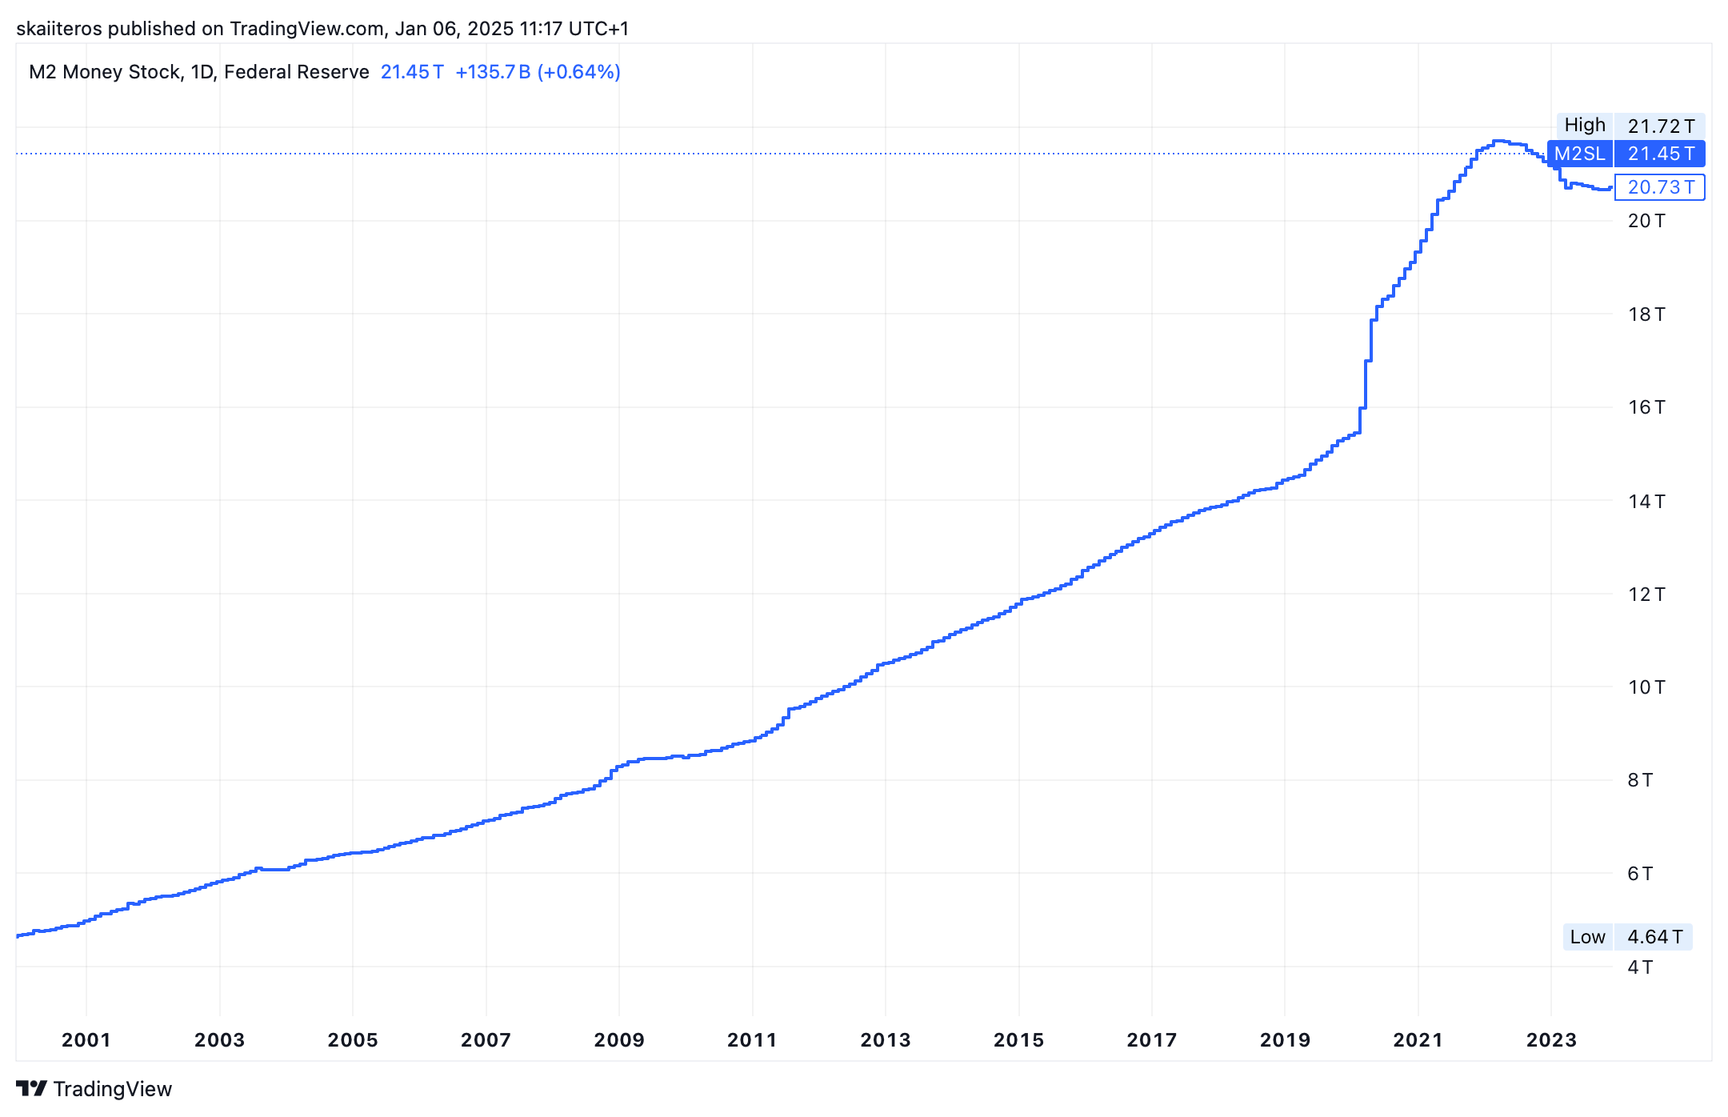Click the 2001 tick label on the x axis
[86, 1039]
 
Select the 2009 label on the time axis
[618, 1039]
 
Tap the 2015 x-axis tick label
[1018, 1039]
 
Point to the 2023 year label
[1551, 1039]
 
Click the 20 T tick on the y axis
[1646, 221]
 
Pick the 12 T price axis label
[1646, 595]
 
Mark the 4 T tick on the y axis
[1640, 967]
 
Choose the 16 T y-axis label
[1646, 407]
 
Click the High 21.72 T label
[1630, 126]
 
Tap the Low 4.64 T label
[1627, 937]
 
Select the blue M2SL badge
[1580, 154]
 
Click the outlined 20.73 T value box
[1660, 187]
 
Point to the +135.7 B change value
[493, 72]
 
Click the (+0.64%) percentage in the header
[579, 72]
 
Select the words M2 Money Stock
[105, 72]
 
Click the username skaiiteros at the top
[59, 29]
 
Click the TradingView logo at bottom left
[94, 1089]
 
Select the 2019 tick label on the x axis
[1285, 1039]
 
